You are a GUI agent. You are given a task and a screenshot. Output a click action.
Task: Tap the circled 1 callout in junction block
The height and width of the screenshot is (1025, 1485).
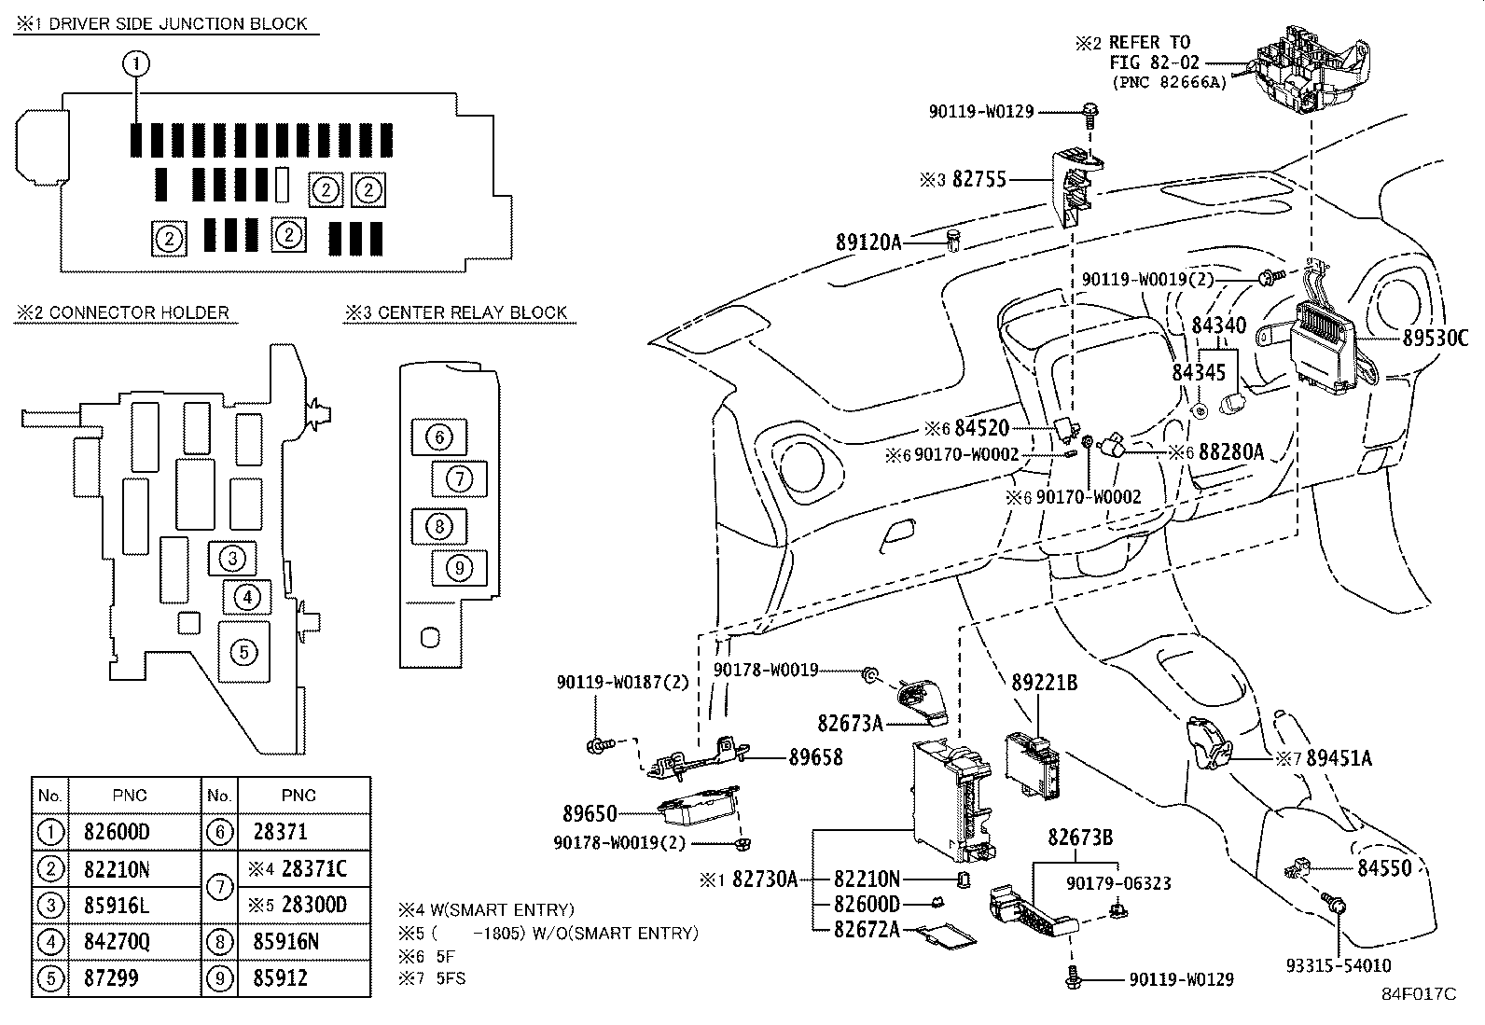136,63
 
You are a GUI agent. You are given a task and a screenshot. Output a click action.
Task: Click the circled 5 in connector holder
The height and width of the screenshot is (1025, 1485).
243,651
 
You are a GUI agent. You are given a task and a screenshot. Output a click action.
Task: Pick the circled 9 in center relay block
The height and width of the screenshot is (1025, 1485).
459,566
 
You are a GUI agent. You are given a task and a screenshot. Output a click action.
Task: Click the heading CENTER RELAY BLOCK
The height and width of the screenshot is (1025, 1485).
472,312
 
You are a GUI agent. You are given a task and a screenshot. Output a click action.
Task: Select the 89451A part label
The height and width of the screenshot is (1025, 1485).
1339,758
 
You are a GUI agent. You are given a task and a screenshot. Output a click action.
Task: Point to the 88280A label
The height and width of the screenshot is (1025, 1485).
1230,451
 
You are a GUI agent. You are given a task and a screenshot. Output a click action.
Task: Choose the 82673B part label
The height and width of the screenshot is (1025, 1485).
1080,838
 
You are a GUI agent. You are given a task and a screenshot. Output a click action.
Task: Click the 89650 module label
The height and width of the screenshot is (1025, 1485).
590,813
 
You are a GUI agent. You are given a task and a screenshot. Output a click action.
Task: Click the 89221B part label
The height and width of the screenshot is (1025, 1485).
1045,683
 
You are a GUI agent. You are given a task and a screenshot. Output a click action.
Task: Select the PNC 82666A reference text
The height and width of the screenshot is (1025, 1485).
1169,82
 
